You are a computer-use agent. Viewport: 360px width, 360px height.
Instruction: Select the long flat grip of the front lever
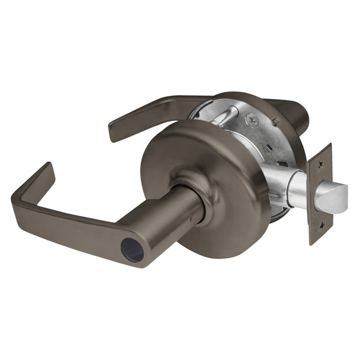point(65,221)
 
